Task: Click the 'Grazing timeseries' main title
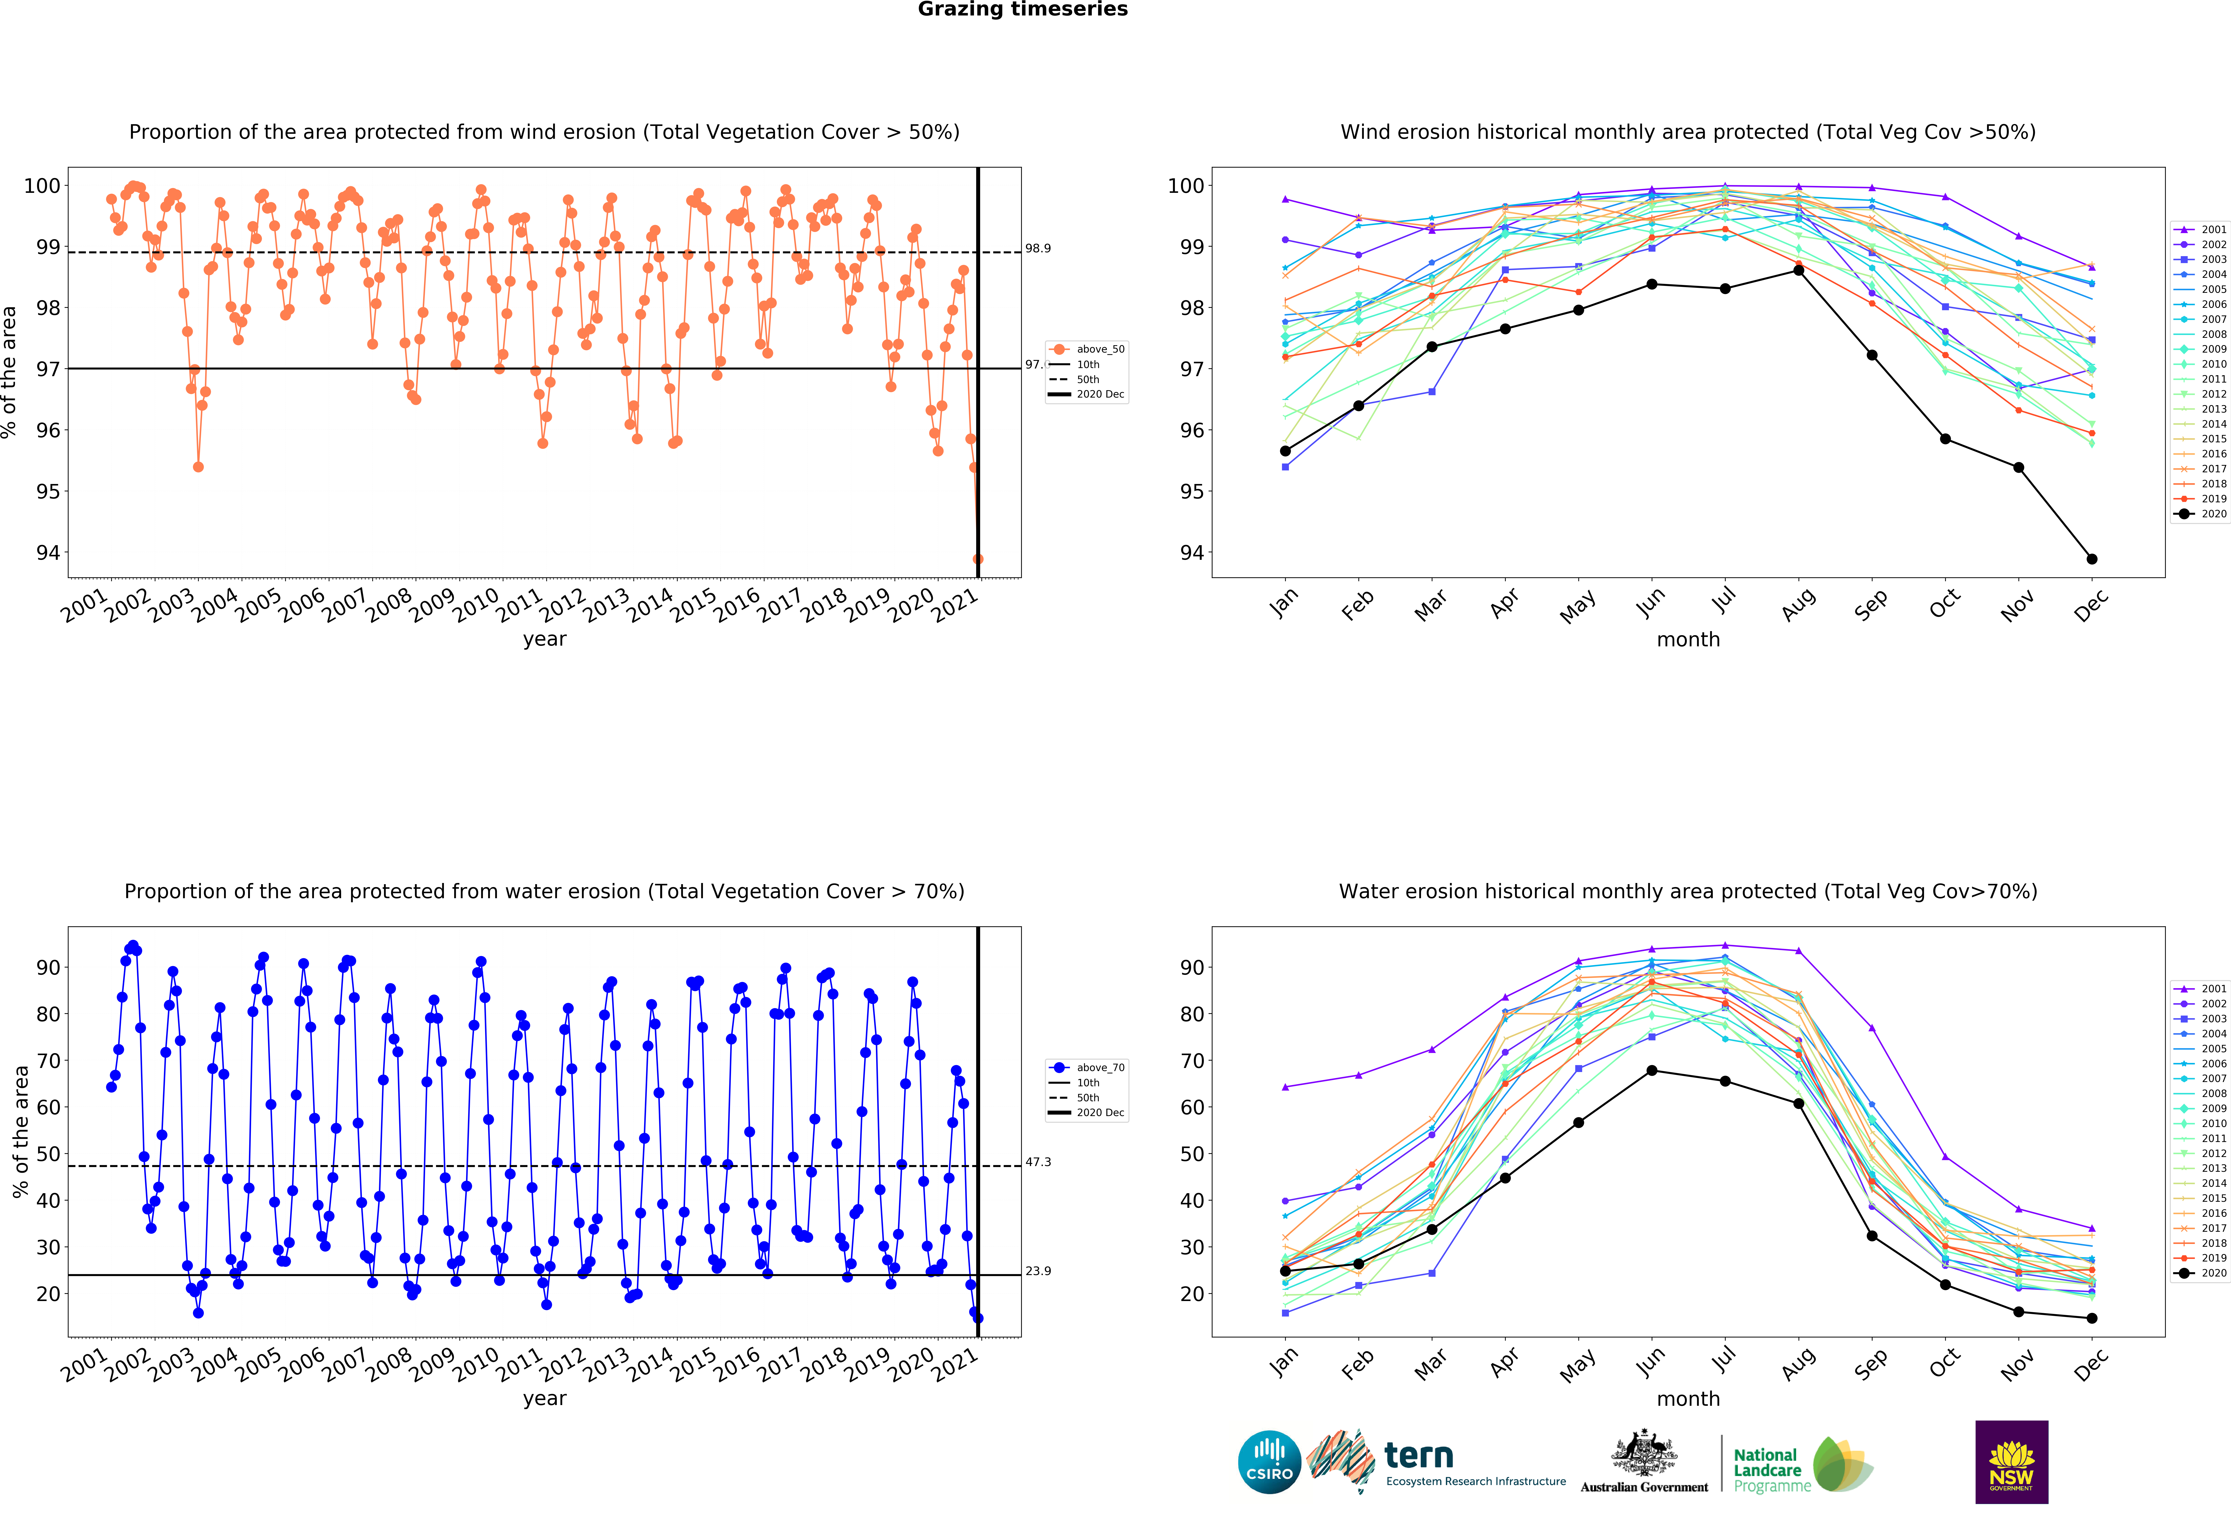click(1022, 10)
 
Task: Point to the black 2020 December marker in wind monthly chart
click(2092, 559)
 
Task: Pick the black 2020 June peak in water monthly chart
click(1651, 1071)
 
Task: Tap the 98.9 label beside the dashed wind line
click(1038, 249)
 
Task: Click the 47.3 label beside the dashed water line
click(1038, 1162)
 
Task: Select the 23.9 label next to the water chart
click(1038, 1271)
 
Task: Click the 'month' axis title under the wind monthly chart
click(1688, 639)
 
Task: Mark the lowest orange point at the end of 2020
click(977, 559)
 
